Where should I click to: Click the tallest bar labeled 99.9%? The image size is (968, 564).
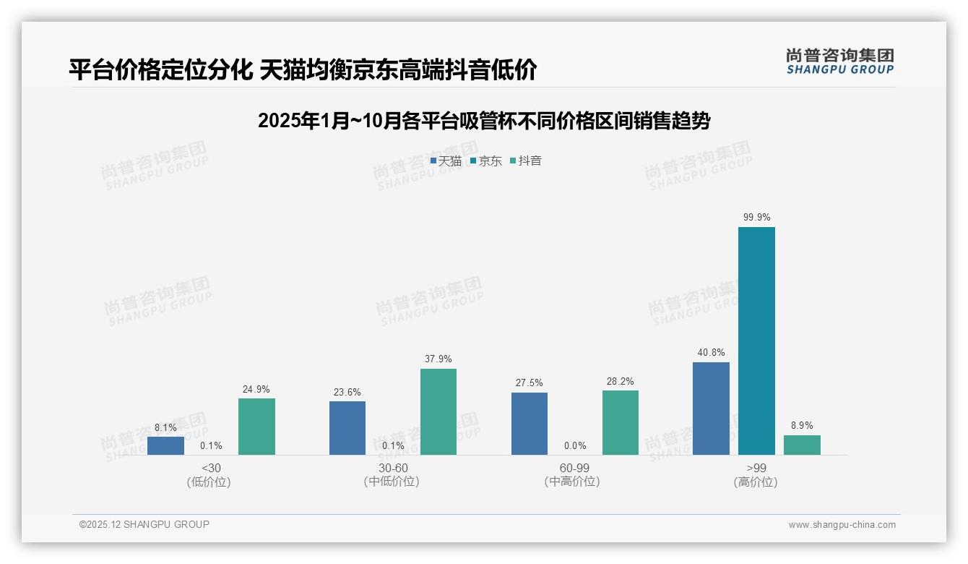(x=756, y=341)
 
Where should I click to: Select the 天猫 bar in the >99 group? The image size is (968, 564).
(x=711, y=409)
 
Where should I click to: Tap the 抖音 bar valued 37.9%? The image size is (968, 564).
(x=438, y=411)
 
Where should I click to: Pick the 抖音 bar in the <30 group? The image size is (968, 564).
(x=256, y=427)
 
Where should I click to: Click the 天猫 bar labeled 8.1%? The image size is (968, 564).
(x=165, y=445)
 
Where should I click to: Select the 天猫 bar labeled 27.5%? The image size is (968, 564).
(x=530, y=424)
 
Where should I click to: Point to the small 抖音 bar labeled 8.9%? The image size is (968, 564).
(x=802, y=445)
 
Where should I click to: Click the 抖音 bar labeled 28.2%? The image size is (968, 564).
(x=621, y=422)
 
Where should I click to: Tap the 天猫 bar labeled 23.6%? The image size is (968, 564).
(x=347, y=428)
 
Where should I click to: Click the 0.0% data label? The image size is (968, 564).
(x=575, y=446)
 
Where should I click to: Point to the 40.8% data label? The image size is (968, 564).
(x=711, y=353)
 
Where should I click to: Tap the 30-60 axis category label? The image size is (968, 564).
(x=391, y=468)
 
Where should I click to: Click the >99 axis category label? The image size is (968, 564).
(x=756, y=468)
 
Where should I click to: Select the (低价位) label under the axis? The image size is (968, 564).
(x=209, y=482)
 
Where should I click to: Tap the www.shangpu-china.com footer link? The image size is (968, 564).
(x=842, y=525)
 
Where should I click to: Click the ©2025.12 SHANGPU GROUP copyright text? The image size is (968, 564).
(x=144, y=525)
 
